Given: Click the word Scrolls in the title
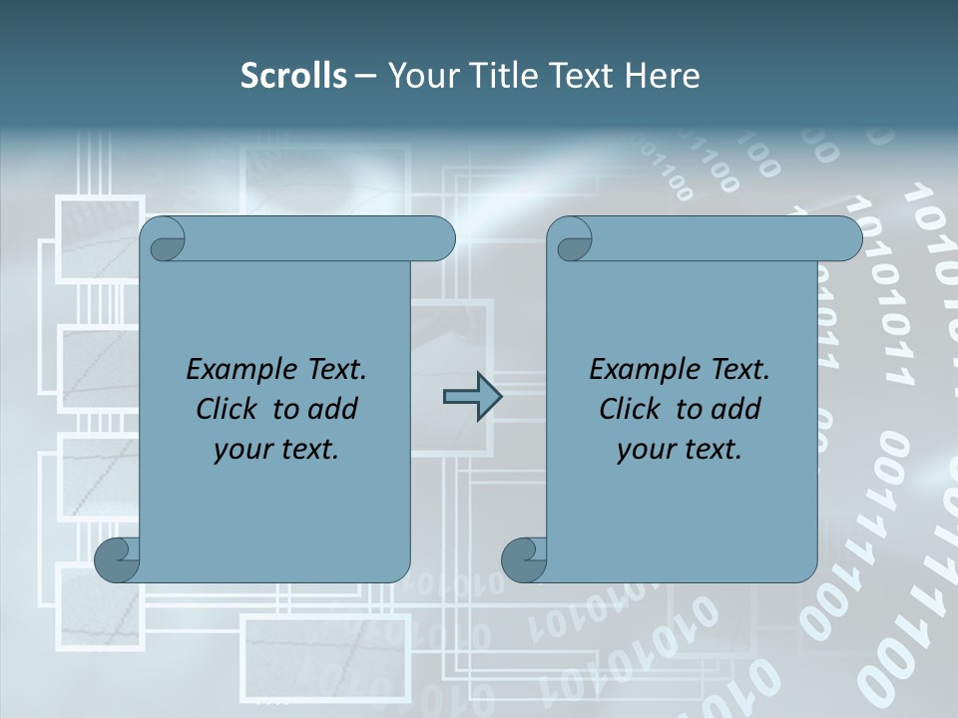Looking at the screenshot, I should [293, 76].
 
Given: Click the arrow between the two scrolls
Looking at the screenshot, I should [472, 397].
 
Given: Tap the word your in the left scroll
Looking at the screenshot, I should [243, 450].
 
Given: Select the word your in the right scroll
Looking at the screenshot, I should [647, 450].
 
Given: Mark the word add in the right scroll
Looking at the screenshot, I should [736, 409].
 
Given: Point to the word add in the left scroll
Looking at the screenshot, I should [333, 409].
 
